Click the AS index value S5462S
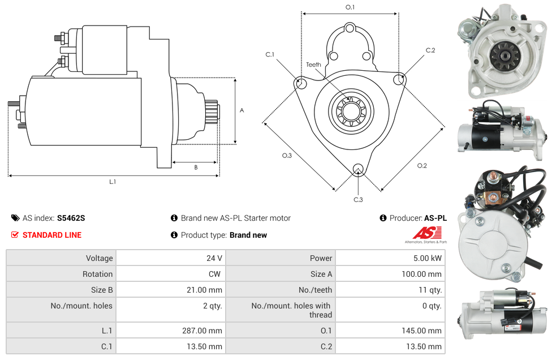point(71,218)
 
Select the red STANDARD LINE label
point(51,235)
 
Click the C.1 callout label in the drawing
point(270,54)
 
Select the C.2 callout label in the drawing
point(430,50)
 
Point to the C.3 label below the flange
point(358,200)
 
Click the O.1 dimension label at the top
point(350,7)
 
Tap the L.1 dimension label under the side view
point(113,182)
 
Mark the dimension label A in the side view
point(241,110)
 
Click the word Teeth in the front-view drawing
point(313,65)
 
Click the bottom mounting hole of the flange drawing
point(357,169)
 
